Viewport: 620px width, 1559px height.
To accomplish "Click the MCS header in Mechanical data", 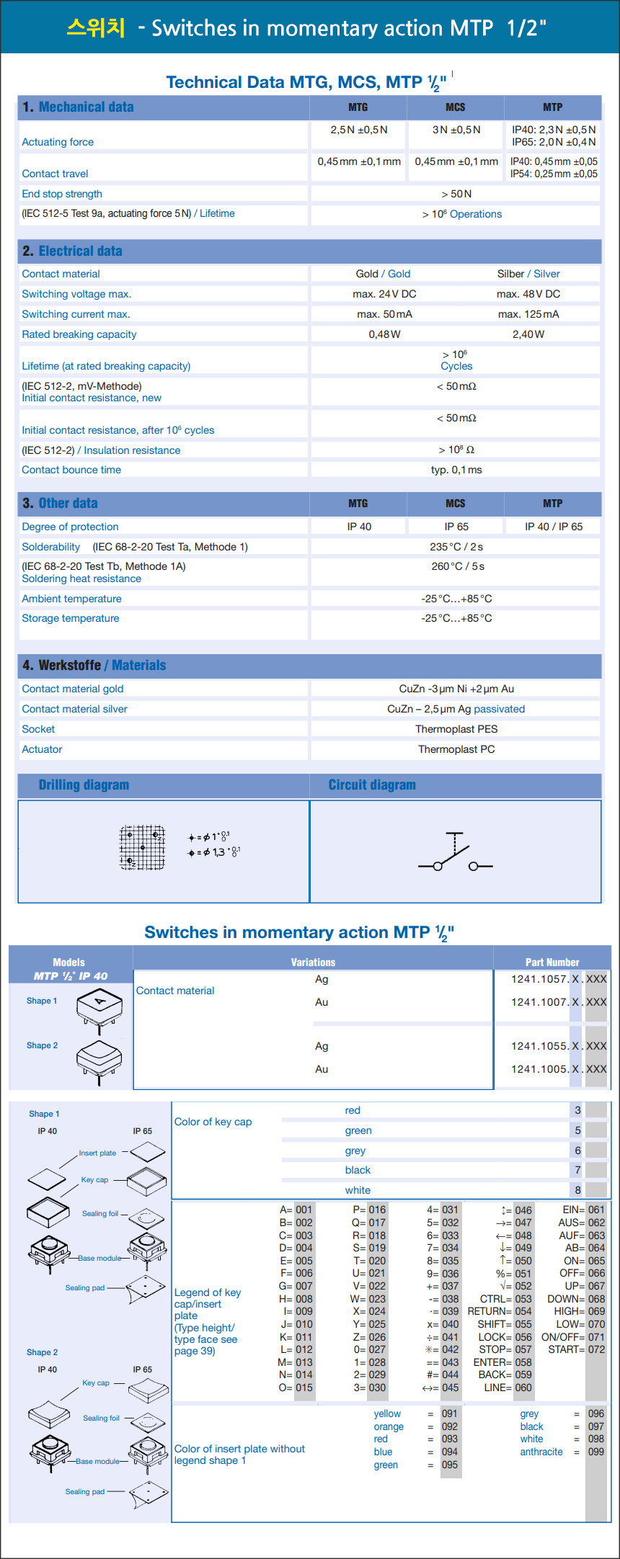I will pyautogui.click(x=455, y=107).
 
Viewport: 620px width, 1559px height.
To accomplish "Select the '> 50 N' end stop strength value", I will pyautogui.click(x=456, y=194).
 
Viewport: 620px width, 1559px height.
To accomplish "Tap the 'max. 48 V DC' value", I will pyautogui.click(x=528, y=294).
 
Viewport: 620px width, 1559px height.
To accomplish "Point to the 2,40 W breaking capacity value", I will pyautogui.click(x=528, y=334).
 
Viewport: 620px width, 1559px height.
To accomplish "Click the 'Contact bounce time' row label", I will pyautogui.click(x=71, y=470).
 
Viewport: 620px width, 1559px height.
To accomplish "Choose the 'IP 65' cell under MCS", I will pyautogui.click(x=456, y=527).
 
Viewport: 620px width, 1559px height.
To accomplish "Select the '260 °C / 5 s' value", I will pyautogui.click(x=457, y=566).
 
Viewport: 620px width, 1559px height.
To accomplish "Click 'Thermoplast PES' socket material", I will pyautogui.click(x=456, y=729).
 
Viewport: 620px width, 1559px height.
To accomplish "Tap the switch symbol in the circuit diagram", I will pyautogui.click(x=455, y=854).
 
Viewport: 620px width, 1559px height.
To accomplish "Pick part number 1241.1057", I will pyautogui.click(x=539, y=979).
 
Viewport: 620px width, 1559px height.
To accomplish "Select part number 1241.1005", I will pyautogui.click(x=539, y=1069).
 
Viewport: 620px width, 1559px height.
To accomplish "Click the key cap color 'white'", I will pyautogui.click(x=358, y=1190).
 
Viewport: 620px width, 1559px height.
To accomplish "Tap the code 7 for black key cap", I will pyautogui.click(x=577, y=1170).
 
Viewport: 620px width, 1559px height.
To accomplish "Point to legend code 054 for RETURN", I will pyautogui.click(x=523, y=1311).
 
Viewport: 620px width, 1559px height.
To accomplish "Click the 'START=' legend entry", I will pyautogui.click(x=566, y=1349).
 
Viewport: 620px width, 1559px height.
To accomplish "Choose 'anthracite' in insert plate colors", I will pyautogui.click(x=541, y=1452).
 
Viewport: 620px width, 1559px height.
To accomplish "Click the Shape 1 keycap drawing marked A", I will pyautogui.click(x=99, y=1004).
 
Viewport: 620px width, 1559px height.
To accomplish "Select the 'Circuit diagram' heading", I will pyautogui.click(x=372, y=785).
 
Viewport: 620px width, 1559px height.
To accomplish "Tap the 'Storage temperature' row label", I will pyautogui.click(x=71, y=618).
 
